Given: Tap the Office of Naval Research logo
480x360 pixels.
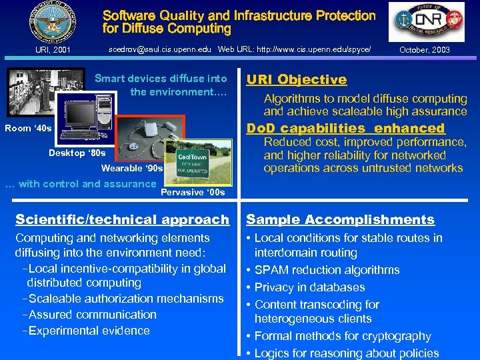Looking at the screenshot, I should pos(427,22).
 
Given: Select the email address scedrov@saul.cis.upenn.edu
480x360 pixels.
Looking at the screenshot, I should pos(159,49).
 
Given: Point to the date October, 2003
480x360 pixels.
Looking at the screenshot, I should pos(424,50).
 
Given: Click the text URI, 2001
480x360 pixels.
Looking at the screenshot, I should pos(52,50).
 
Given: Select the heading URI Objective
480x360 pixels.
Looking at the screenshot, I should pos(297,80).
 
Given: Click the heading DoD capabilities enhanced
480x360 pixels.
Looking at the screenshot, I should pos(345,128).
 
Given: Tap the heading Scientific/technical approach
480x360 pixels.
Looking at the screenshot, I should pos(122,219).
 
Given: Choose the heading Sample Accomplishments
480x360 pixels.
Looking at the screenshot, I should pos(340,219).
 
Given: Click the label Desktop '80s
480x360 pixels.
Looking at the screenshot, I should pos(77,153).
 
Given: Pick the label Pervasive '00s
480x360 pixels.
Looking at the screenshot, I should pos(193,193).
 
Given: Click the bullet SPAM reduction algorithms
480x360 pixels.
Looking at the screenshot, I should pos(327,270).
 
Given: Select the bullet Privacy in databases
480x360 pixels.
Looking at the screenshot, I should pos(309,287).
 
